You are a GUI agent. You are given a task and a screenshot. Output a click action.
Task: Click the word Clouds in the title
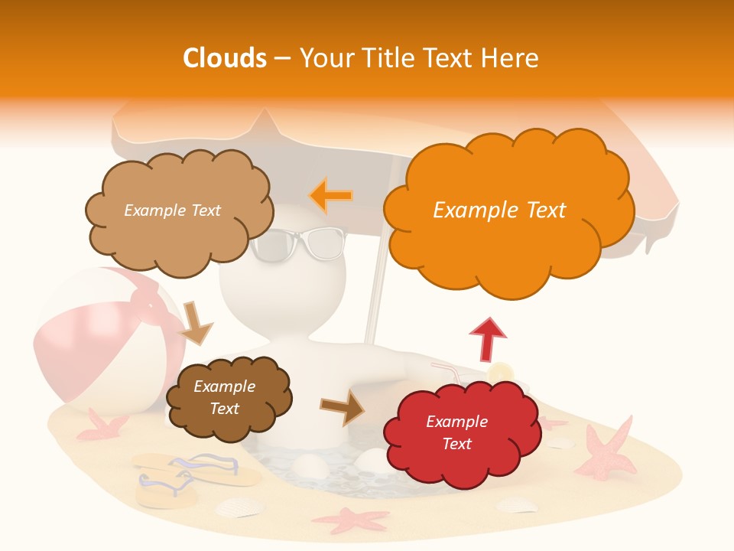point(224,58)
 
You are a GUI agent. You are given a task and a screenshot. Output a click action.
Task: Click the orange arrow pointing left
point(330,196)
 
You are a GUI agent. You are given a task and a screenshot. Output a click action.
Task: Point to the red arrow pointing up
point(487,338)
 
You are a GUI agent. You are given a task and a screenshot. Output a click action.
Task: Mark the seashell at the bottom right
point(516,504)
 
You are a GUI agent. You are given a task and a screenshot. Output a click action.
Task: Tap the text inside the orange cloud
point(499,210)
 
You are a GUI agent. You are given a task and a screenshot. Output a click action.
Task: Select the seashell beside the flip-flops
point(239,507)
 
